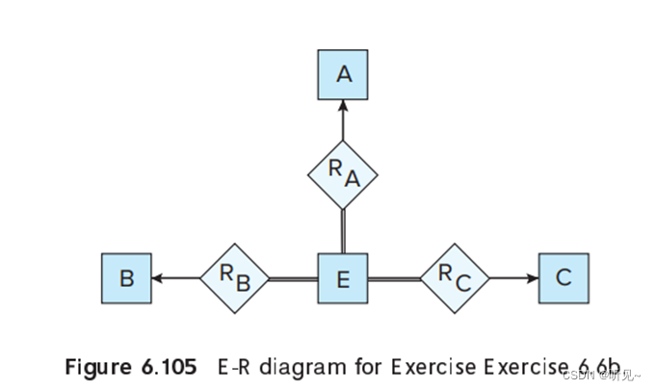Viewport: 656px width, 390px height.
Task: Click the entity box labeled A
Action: (343, 75)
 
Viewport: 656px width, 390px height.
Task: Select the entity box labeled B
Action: (126, 279)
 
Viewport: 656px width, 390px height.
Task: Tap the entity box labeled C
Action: (564, 279)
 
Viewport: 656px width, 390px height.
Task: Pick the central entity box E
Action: (343, 279)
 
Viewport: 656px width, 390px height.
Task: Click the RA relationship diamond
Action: (343, 174)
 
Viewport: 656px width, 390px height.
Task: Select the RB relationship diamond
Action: (234, 279)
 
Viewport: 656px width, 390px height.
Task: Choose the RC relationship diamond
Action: (455, 279)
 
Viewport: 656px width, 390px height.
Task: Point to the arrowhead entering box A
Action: (343, 107)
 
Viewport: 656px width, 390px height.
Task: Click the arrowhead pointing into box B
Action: (158, 279)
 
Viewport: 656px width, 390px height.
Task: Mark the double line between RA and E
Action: (343, 231)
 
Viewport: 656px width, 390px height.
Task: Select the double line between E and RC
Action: (394, 279)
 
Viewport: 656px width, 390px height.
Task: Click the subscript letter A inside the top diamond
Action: (352, 179)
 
